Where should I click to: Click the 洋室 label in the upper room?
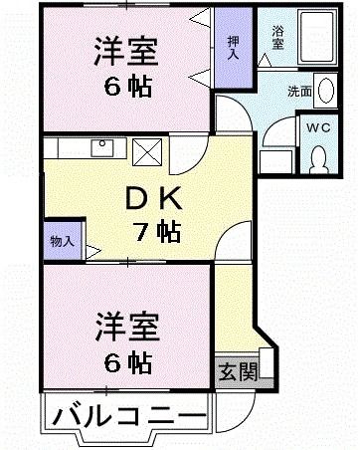[x=126, y=49]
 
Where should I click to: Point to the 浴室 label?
[x=278, y=37]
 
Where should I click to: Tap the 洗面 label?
[x=299, y=92]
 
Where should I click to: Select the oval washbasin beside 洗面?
[x=325, y=88]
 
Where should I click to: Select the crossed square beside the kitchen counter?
[x=147, y=151]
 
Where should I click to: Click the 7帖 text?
[x=156, y=233]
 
